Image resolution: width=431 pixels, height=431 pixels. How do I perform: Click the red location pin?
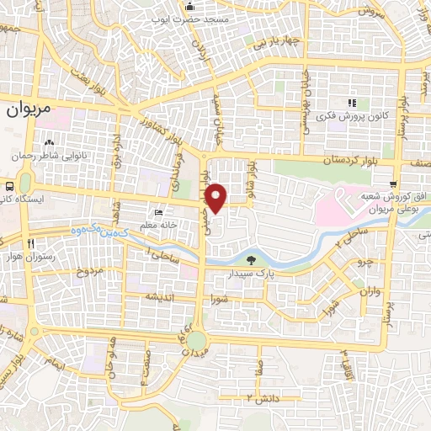tap(218, 197)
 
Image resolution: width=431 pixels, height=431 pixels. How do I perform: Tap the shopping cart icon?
tap(392, 184)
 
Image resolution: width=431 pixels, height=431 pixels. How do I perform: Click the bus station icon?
tap(9, 186)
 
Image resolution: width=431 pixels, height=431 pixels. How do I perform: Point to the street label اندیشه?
tap(160, 297)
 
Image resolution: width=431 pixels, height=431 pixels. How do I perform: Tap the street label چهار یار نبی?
tap(279, 40)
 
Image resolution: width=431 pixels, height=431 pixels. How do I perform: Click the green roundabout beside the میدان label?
tap(197, 341)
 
